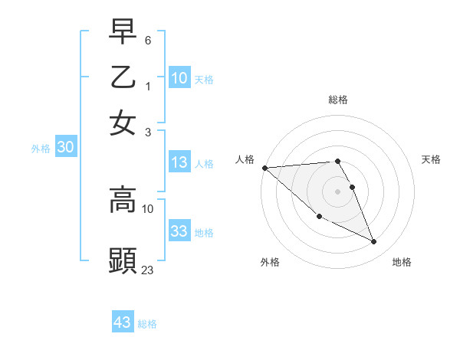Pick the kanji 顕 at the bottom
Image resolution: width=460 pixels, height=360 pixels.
(x=123, y=260)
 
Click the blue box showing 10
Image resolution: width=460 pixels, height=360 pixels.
(x=179, y=77)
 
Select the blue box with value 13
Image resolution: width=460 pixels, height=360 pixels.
(x=179, y=162)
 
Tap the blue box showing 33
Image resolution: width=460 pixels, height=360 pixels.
(x=179, y=231)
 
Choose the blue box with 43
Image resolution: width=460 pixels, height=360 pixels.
(x=123, y=322)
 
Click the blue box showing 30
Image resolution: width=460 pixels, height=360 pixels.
(x=65, y=148)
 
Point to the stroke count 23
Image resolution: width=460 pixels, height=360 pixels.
(x=148, y=270)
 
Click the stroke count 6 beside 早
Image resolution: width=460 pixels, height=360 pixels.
(x=148, y=39)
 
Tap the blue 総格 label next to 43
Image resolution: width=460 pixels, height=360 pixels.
(x=148, y=324)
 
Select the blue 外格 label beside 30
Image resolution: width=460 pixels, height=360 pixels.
(x=41, y=149)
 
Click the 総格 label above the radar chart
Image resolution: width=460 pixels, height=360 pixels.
(x=337, y=100)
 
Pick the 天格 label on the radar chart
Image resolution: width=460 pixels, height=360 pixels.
(x=431, y=159)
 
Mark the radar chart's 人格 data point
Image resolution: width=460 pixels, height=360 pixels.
(x=264, y=168)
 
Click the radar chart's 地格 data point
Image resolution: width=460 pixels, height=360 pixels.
(x=374, y=242)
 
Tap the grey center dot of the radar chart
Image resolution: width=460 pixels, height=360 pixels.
(x=337, y=191)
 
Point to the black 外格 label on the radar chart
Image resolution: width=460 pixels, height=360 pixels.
(x=270, y=262)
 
